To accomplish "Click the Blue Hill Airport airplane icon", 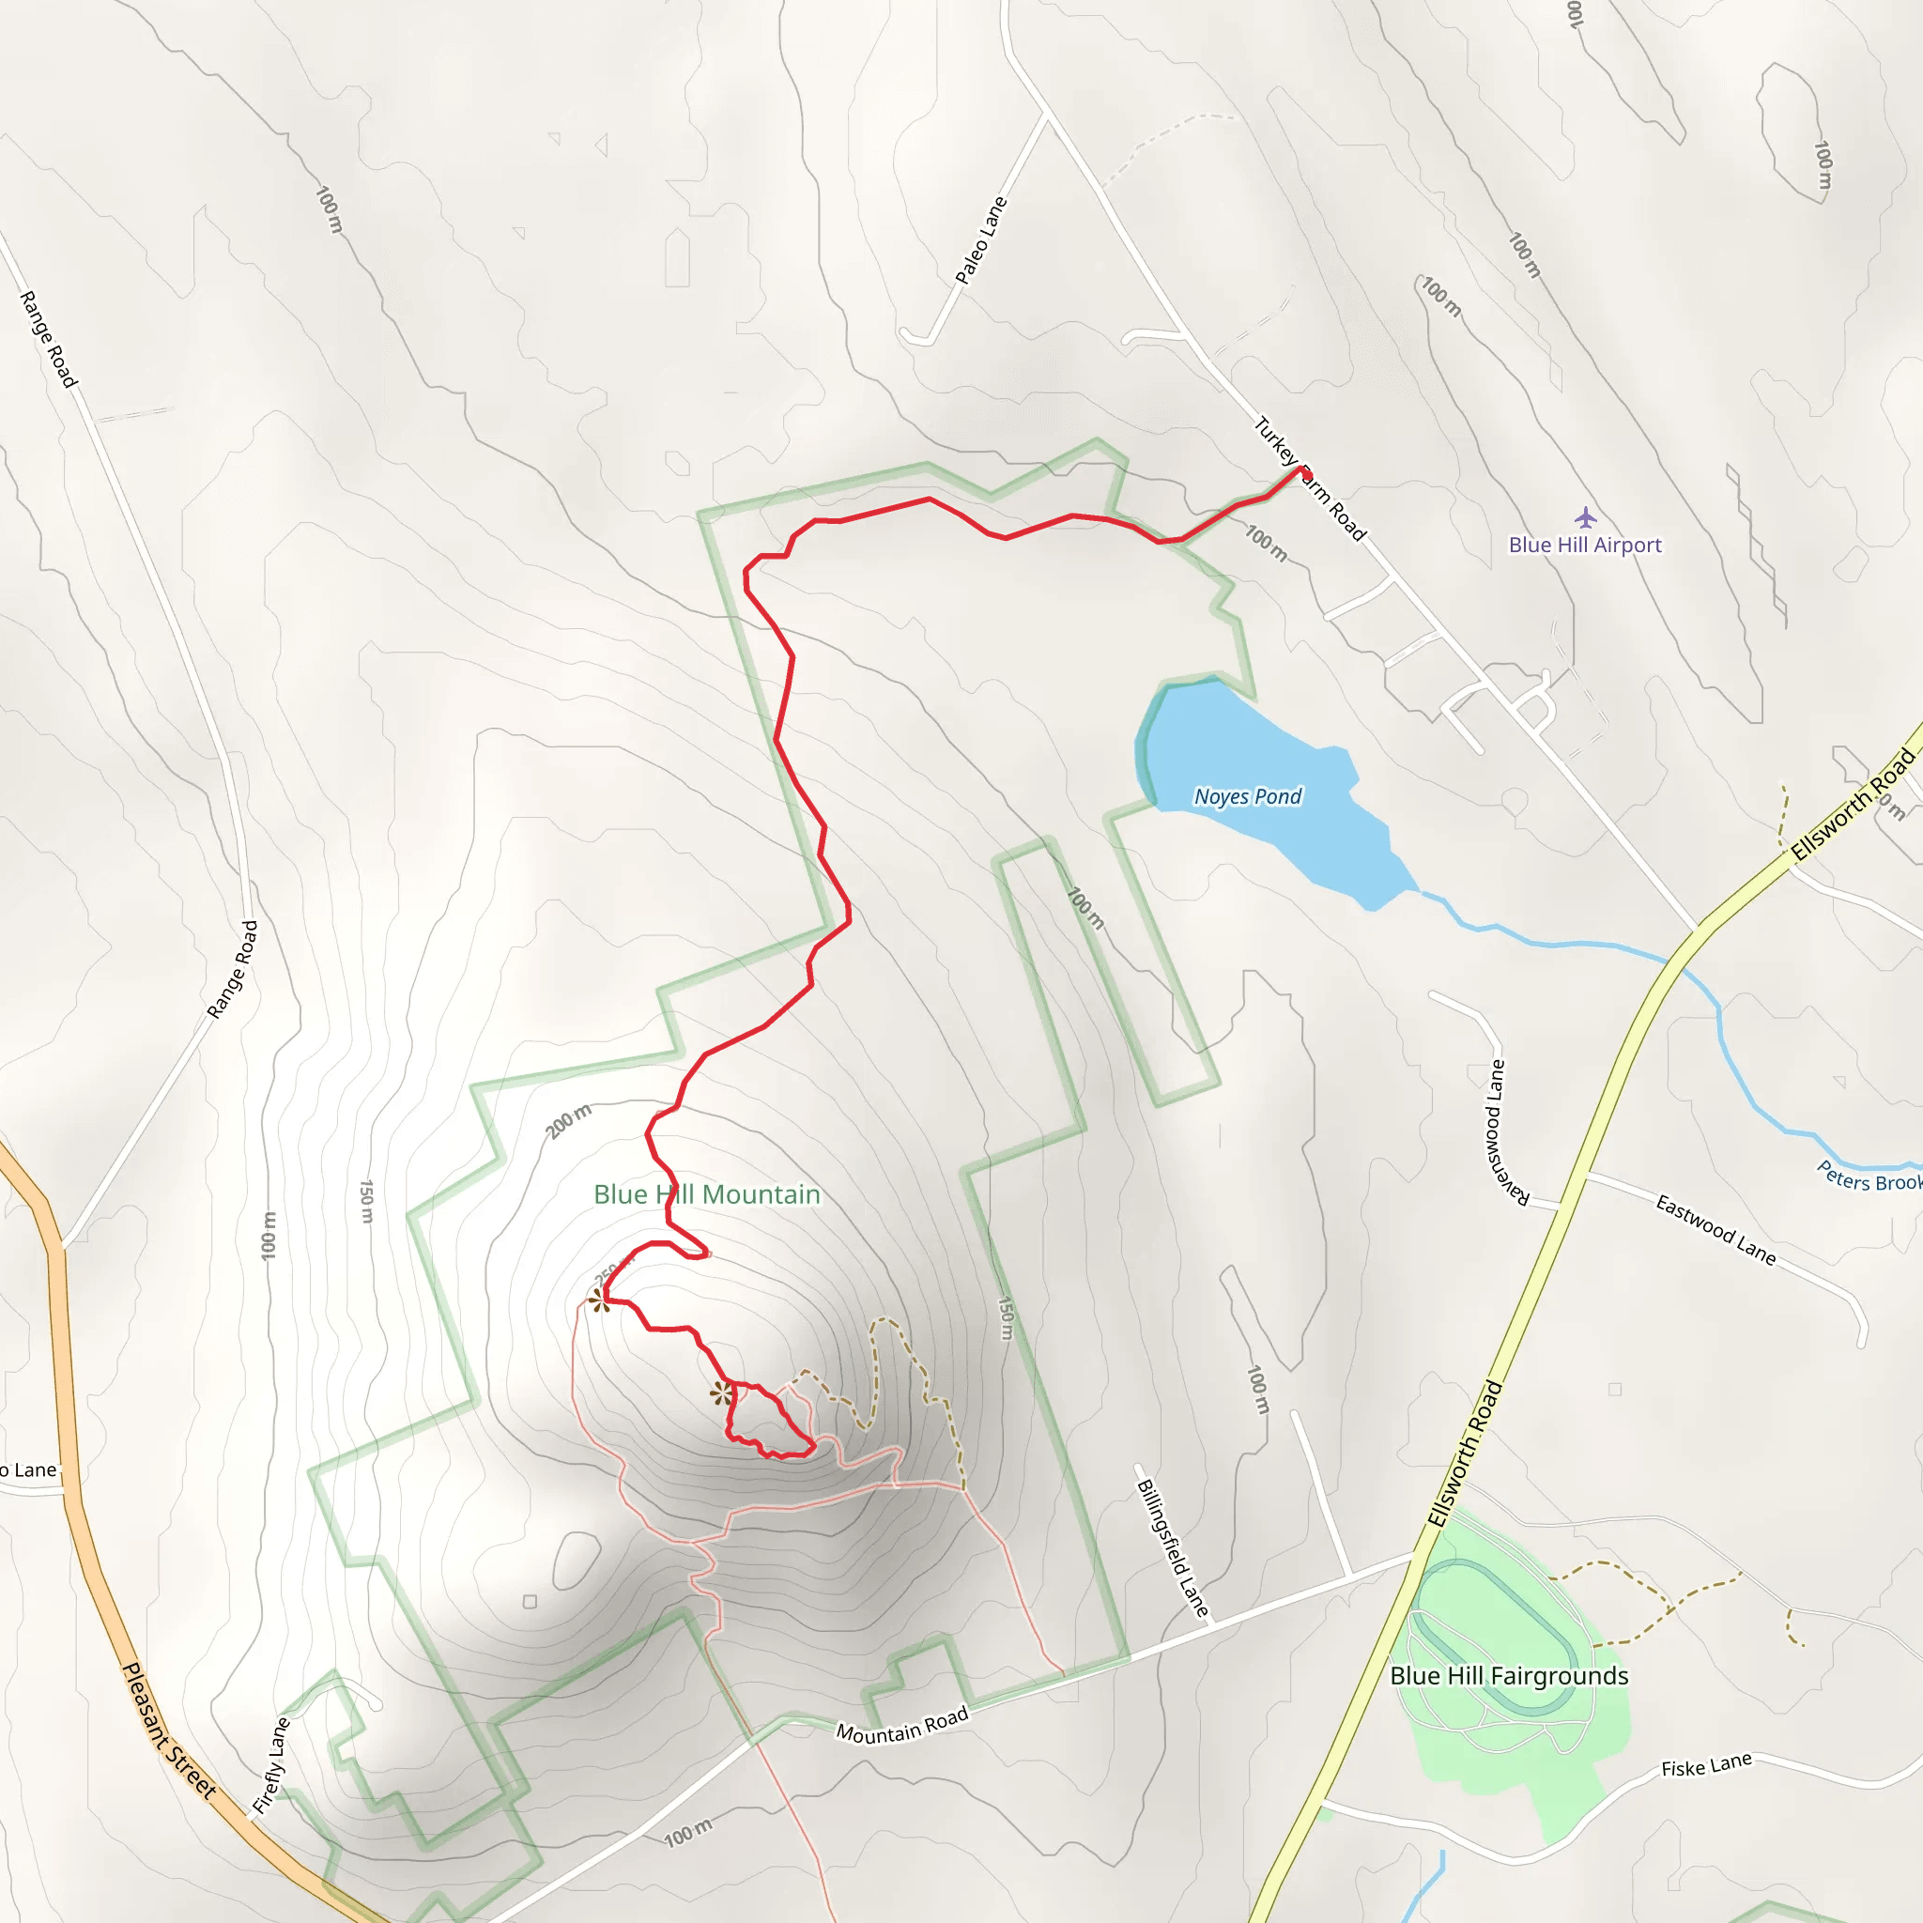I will pyautogui.click(x=1586, y=517).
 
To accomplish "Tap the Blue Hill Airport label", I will pyautogui.click(x=1585, y=545).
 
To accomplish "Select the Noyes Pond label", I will pyautogui.click(x=1247, y=796).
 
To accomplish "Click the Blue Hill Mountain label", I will pyautogui.click(x=707, y=1194).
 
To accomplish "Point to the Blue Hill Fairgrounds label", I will pyautogui.click(x=1509, y=1676).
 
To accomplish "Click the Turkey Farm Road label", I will pyautogui.click(x=1309, y=479).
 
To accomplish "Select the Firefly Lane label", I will pyautogui.click(x=270, y=1764).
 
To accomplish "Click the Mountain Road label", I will pyautogui.click(x=901, y=1726).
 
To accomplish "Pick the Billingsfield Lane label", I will pyautogui.click(x=1173, y=1547).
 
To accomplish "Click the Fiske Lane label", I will pyautogui.click(x=1706, y=1766).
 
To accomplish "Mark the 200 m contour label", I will pyautogui.click(x=568, y=1121).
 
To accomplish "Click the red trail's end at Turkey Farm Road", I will pyautogui.click(x=1303, y=469).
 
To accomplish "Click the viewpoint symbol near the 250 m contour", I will pyautogui.click(x=598, y=1300).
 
